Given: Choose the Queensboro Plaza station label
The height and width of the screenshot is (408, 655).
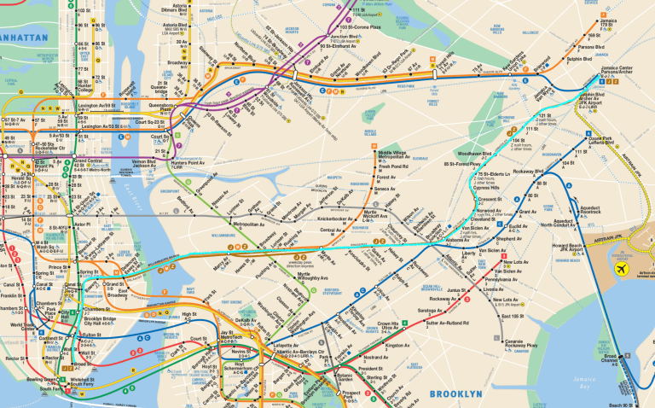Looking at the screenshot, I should pyautogui.click(x=167, y=109).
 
